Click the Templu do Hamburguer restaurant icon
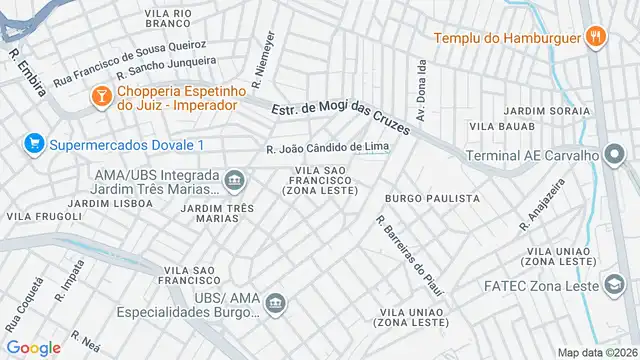click(596, 38)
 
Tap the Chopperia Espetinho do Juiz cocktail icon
click(101, 96)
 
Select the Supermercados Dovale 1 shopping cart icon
click(35, 145)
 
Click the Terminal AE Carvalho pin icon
click(615, 155)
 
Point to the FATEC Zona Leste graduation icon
click(610, 285)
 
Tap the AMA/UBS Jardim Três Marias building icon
click(235, 181)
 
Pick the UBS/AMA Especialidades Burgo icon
click(283, 301)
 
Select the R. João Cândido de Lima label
click(328, 149)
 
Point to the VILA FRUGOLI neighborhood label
click(44, 216)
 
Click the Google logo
click(33, 347)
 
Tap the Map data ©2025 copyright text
click(596, 353)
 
